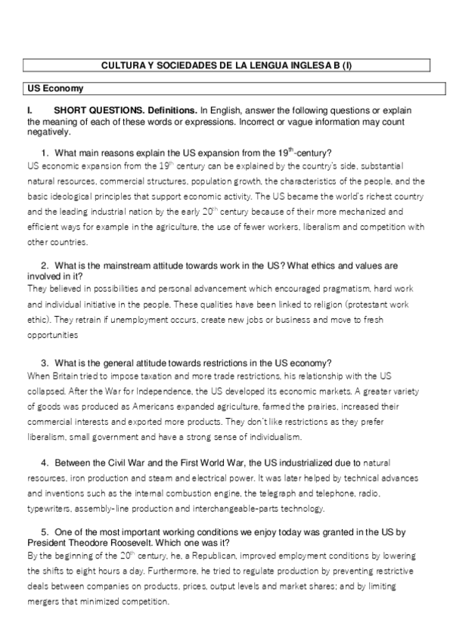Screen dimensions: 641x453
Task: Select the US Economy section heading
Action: pos(50,88)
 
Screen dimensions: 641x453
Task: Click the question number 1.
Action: pos(45,152)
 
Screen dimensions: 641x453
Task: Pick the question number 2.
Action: pos(45,266)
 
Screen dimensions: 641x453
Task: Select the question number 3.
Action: pos(45,362)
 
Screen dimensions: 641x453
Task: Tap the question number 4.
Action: pos(45,461)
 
